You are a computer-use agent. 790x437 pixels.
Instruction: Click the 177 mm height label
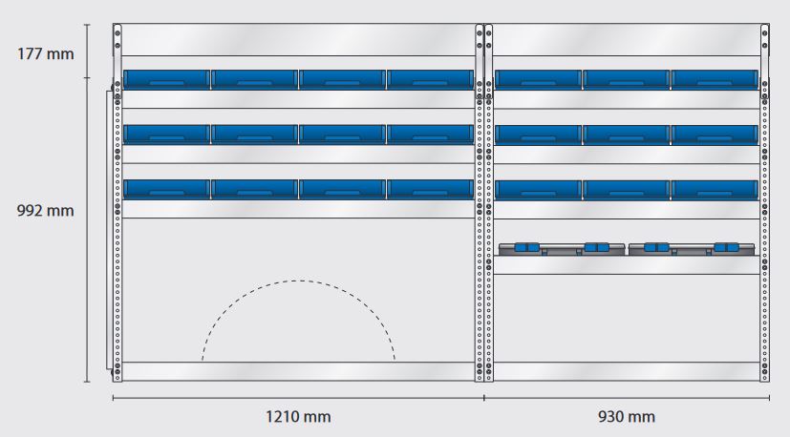coord(45,53)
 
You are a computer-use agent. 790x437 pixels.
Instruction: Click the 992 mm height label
coord(45,211)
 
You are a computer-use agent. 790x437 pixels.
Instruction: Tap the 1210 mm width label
coord(298,417)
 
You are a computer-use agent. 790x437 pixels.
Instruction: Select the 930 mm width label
coord(627,417)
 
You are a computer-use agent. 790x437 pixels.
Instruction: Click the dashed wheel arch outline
coord(298,281)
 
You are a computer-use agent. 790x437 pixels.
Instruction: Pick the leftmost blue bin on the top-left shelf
coord(166,79)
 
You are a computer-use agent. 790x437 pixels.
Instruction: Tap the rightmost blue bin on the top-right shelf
coord(715,79)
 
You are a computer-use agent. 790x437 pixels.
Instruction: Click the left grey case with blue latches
coord(562,249)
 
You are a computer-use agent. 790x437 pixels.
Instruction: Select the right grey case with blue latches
coord(692,249)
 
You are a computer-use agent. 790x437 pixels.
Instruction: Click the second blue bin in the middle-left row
coord(254,135)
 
